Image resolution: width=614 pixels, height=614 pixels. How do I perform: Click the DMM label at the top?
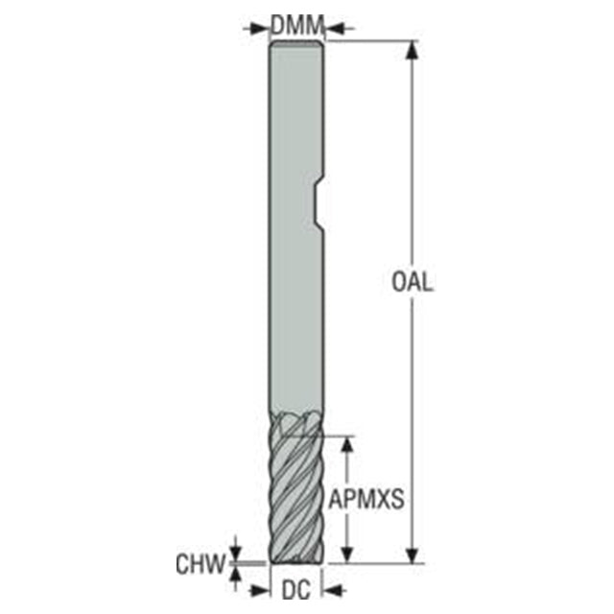point(297,25)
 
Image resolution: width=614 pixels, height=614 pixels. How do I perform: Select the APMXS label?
point(366,499)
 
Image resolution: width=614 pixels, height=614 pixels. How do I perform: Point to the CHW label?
point(201,564)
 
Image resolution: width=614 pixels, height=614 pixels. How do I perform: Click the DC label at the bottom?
point(296,590)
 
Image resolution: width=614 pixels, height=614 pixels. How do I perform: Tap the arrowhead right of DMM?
point(335,28)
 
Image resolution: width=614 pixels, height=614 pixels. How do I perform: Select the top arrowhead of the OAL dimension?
point(412,49)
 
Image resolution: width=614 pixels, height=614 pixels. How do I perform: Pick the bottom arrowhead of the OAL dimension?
point(412,555)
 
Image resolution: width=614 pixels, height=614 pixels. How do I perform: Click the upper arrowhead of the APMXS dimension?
point(347,445)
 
